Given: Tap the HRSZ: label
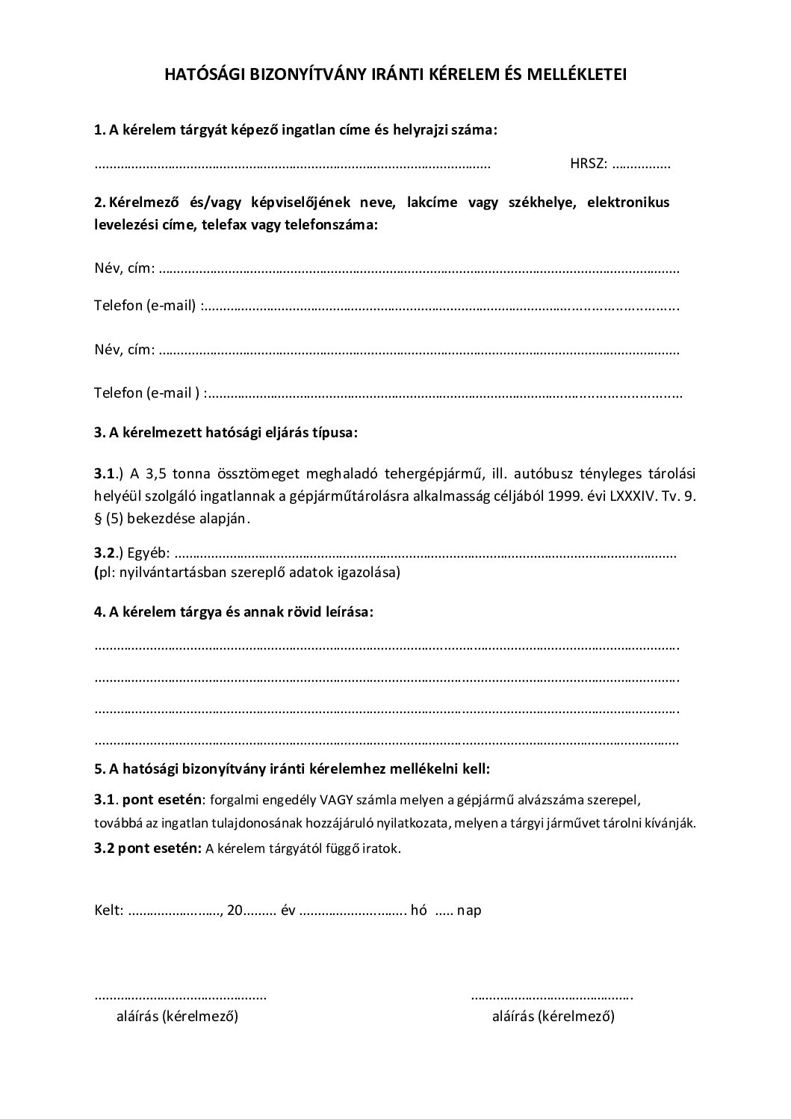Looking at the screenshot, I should tap(589, 164).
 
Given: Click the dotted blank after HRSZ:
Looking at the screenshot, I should tap(641, 165).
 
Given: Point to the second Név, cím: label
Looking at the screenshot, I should tap(124, 349).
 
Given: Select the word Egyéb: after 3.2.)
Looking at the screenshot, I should tap(149, 554).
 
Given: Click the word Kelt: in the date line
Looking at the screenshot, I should tap(109, 910).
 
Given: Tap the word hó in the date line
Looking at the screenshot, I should tap(419, 910).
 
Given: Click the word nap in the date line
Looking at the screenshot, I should tap(469, 910).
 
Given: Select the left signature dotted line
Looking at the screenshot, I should tap(180, 997).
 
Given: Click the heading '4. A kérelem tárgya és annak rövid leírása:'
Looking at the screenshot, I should tap(234, 611).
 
